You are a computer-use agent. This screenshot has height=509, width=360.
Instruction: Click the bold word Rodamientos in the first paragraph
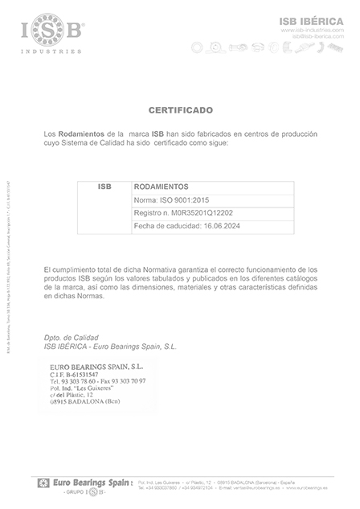click(x=80, y=132)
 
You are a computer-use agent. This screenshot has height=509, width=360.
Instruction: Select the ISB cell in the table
click(x=104, y=185)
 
